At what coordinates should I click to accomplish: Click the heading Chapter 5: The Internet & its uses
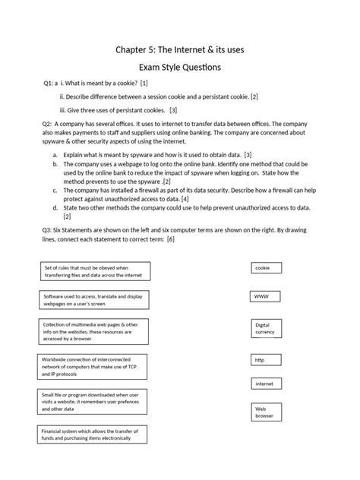point(179,49)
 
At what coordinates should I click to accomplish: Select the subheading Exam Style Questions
point(179,68)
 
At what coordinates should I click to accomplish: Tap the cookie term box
point(266,268)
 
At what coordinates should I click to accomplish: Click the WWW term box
point(266,296)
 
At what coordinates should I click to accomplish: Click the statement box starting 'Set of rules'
point(95,271)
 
